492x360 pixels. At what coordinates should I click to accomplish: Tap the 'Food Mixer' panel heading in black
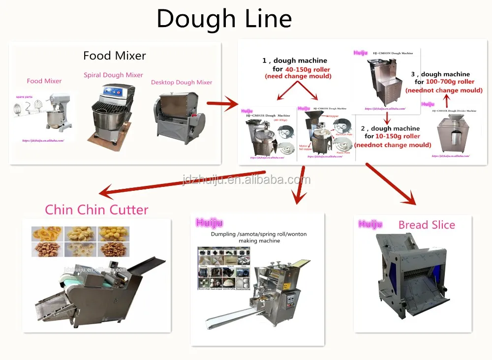click(x=114, y=56)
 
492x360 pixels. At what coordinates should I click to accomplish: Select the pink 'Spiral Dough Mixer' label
click(x=113, y=75)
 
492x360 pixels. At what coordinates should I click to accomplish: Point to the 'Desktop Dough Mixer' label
click(x=182, y=83)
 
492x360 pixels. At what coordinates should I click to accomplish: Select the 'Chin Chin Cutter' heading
click(x=96, y=210)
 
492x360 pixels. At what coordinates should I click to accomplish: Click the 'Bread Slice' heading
click(x=427, y=225)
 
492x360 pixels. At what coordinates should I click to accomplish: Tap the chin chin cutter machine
click(x=98, y=290)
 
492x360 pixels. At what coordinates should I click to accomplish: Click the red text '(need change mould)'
click(x=298, y=77)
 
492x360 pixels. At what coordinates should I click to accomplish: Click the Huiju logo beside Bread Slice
click(x=370, y=225)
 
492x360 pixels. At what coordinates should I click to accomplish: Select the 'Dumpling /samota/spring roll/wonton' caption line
click(x=258, y=234)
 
